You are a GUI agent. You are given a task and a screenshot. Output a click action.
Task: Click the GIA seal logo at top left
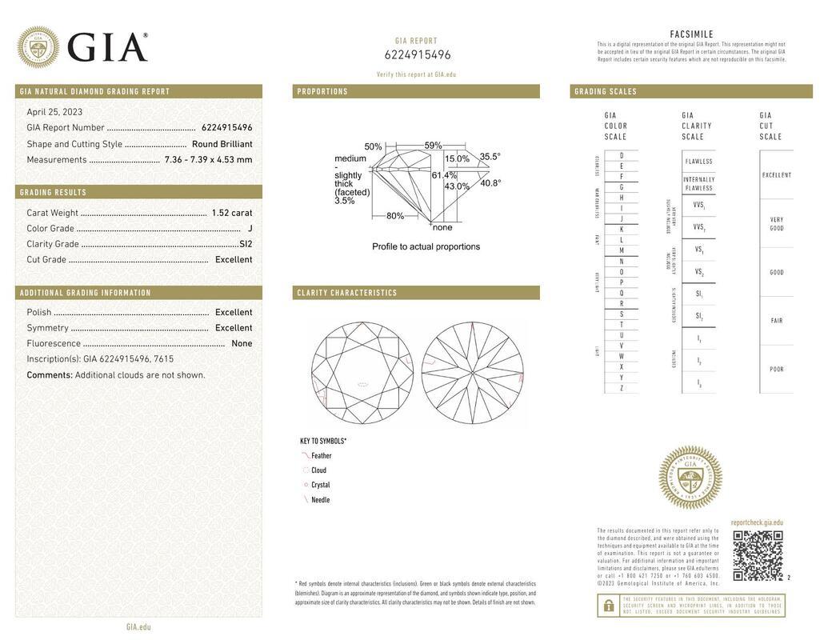click(x=38, y=47)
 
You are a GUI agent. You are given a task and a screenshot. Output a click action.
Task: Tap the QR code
click(x=758, y=555)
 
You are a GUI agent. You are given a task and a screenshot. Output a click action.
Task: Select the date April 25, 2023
click(x=54, y=112)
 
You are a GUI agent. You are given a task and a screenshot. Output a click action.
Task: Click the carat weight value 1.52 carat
click(x=231, y=213)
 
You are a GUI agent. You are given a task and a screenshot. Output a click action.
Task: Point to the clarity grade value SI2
click(x=245, y=244)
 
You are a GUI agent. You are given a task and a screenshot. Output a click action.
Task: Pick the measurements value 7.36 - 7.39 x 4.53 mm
click(x=208, y=160)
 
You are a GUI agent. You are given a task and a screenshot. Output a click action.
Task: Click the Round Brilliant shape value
click(x=222, y=144)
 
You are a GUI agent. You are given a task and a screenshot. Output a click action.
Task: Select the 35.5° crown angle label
click(x=490, y=157)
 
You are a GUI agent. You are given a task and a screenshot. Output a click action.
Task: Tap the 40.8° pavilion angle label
click(x=490, y=183)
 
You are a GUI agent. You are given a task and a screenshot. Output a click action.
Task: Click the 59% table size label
click(x=433, y=146)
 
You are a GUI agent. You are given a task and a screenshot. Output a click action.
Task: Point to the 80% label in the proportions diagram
click(x=395, y=216)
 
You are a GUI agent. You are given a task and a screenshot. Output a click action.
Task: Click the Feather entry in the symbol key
click(x=321, y=456)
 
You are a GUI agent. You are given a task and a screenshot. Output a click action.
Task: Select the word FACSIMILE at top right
click(x=691, y=34)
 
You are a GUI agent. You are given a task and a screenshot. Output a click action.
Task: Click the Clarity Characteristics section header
click(x=347, y=293)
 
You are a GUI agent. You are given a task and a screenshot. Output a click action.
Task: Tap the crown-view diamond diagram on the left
click(x=362, y=373)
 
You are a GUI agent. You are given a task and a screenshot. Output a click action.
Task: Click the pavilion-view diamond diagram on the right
click(x=472, y=373)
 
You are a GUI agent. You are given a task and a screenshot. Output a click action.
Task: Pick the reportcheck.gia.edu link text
click(x=757, y=522)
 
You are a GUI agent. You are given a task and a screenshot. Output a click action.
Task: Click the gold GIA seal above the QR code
click(x=690, y=478)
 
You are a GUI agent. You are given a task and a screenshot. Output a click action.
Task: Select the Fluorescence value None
click(x=242, y=343)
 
